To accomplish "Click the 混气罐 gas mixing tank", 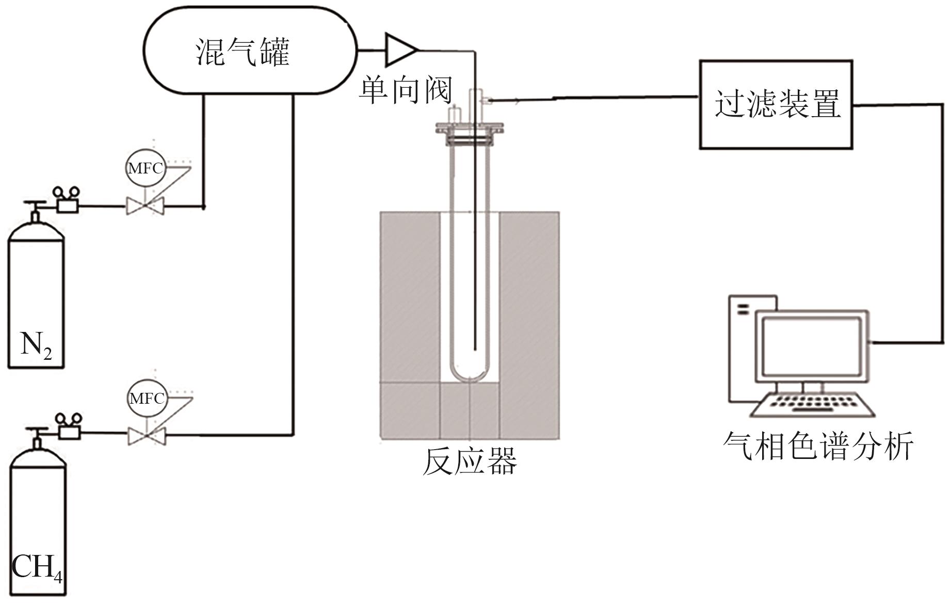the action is tap(250, 50).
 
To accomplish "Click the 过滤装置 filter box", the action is tap(776, 105).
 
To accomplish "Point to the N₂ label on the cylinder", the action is tap(36, 344).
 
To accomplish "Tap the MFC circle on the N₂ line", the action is tap(146, 168).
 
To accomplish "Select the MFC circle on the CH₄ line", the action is tap(147, 399).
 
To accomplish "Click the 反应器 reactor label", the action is tap(470, 460).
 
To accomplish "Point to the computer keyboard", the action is tap(813, 405).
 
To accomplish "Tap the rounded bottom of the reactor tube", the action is tap(470, 371).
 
